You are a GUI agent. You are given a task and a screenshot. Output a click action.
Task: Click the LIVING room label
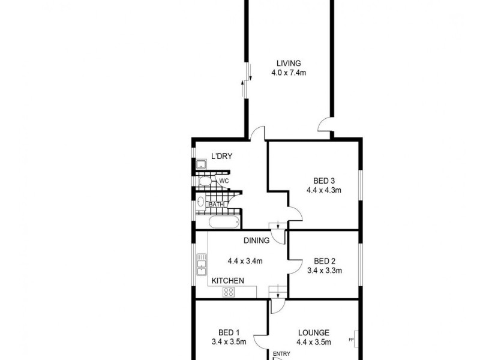coord(288,64)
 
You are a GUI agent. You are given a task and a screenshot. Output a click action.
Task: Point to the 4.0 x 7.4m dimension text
coord(288,74)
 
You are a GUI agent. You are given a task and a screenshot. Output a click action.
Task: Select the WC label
coord(224,181)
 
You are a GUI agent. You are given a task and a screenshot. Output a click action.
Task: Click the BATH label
coord(216,205)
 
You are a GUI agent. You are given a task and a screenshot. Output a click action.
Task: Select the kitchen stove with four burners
coord(228,292)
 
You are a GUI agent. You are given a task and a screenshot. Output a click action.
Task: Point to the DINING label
coord(256,241)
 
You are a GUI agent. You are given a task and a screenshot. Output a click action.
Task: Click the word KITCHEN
coord(227,280)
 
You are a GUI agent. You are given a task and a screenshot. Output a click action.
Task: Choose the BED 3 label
coord(324,181)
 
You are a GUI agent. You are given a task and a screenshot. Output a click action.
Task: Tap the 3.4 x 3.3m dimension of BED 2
coord(324,270)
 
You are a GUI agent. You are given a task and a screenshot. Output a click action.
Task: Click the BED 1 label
coord(229,333)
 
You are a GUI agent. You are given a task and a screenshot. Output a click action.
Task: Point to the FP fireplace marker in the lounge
coord(351,340)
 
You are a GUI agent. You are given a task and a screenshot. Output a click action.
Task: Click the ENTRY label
coord(281,353)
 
